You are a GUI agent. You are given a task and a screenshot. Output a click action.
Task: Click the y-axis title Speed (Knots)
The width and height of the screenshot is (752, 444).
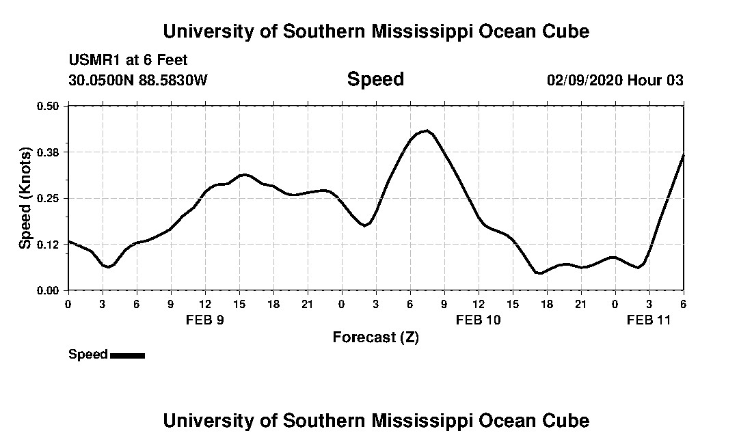pyautogui.click(x=25, y=198)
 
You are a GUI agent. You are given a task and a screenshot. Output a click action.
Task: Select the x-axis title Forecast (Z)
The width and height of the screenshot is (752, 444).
pyautogui.click(x=375, y=337)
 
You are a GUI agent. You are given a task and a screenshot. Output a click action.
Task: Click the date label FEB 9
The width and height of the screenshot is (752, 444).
pyautogui.click(x=205, y=320)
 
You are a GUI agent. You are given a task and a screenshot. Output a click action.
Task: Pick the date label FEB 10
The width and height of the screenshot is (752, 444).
pyautogui.click(x=479, y=320)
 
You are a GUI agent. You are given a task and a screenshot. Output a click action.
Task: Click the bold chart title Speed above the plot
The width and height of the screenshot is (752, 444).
pyautogui.click(x=375, y=79)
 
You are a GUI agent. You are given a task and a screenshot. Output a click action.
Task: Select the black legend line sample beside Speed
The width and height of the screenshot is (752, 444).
pyautogui.click(x=127, y=355)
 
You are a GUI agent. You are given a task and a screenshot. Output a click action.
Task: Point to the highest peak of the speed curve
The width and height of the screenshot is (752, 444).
pyautogui.click(x=427, y=130)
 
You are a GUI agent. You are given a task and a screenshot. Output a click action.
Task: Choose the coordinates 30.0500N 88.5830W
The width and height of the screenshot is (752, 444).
pyautogui.click(x=138, y=81)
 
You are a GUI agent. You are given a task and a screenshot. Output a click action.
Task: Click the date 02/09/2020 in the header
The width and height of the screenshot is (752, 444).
pyautogui.click(x=585, y=81)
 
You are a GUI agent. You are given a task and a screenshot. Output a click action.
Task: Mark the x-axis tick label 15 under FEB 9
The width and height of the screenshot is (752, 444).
pyautogui.click(x=239, y=303)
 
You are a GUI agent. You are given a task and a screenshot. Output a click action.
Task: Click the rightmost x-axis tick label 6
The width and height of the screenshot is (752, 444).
pyautogui.click(x=683, y=303)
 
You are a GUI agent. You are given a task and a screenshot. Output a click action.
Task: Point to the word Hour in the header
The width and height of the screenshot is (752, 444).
pyautogui.click(x=645, y=81)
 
